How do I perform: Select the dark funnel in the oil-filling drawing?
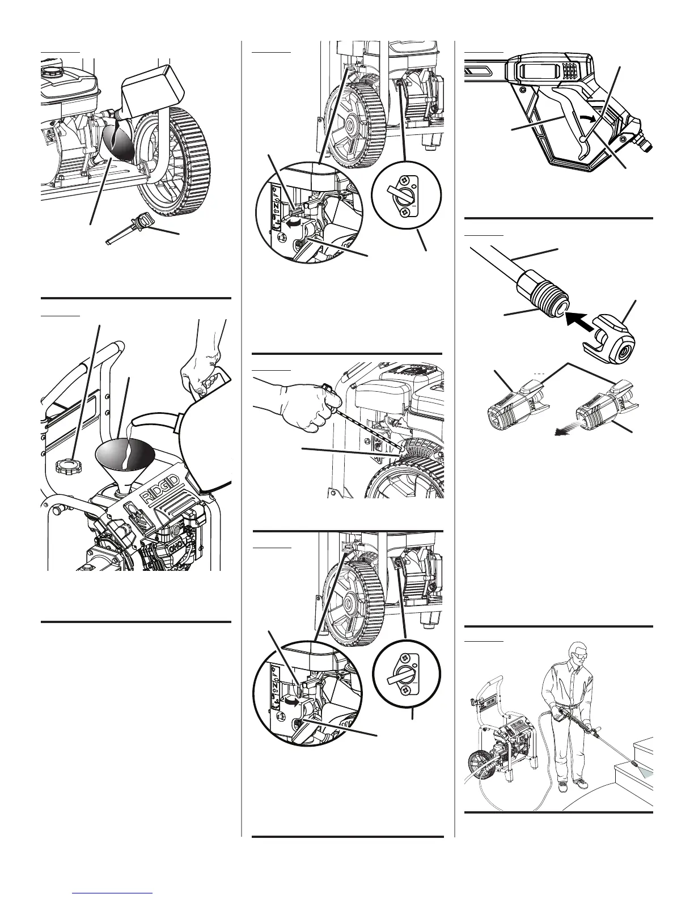(119, 142)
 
